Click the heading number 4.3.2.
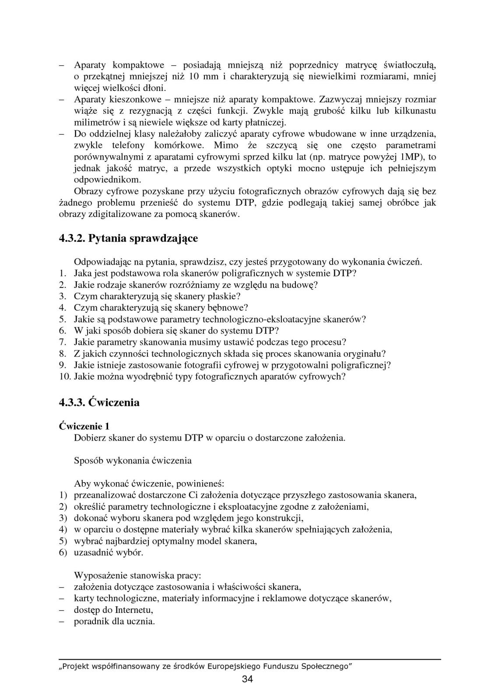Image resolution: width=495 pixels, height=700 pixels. pos(72,238)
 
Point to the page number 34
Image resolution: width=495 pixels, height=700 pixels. pos(247,679)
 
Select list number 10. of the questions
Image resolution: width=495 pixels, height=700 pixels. pos(65,376)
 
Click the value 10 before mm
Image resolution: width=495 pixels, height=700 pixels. pos(194,77)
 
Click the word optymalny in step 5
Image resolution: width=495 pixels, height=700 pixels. pos(192,541)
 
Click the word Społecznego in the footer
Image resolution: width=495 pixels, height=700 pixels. pos(327,666)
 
